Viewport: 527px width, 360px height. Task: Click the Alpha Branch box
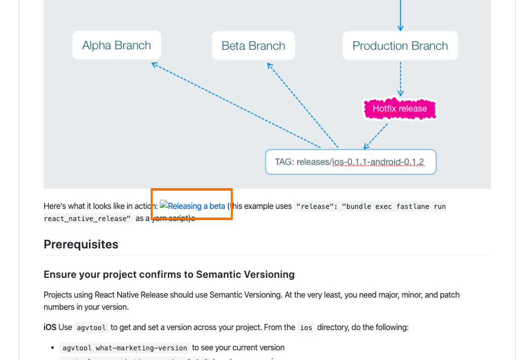[117, 46]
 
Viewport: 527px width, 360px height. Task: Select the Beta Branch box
[253, 46]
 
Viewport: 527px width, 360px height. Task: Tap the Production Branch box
[400, 46]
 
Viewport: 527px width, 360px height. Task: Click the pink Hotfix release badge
[400, 109]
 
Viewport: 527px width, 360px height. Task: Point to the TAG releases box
[350, 162]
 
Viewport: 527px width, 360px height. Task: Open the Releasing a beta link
[196, 206]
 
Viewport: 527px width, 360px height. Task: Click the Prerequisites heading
[81, 244]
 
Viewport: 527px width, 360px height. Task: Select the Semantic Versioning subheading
[169, 274]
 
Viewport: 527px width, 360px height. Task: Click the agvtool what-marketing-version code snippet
[124, 348]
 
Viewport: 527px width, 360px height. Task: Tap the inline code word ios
[306, 328]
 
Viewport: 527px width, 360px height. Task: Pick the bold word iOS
[50, 328]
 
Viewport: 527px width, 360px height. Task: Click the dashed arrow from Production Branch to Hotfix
[401, 79]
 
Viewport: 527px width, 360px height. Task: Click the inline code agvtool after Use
[91, 328]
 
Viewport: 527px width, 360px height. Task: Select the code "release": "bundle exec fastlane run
[371, 206]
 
